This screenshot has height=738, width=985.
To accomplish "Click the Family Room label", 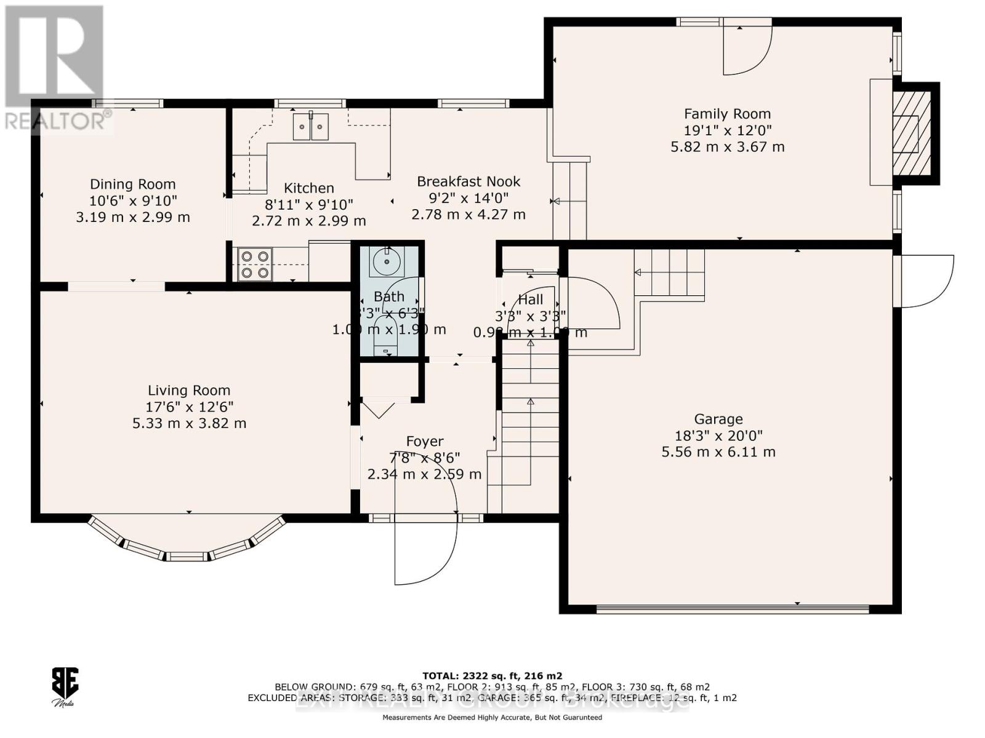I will [727, 114].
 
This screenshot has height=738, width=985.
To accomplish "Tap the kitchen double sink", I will [310, 127].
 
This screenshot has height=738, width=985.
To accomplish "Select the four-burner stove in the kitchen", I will [255, 264].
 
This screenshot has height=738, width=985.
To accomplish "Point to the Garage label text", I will [718, 419].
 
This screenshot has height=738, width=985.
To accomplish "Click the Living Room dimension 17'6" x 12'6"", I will [189, 407].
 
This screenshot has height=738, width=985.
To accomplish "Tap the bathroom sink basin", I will [386, 263].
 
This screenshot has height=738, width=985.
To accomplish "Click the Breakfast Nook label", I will [468, 181].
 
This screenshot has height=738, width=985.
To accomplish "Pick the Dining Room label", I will [132, 184].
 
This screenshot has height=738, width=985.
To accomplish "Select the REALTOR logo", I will [54, 68].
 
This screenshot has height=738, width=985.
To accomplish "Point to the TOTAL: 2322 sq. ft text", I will [491, 675].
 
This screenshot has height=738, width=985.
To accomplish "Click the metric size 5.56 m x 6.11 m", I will [718, 452].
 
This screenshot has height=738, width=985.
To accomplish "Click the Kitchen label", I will [308, 188].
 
